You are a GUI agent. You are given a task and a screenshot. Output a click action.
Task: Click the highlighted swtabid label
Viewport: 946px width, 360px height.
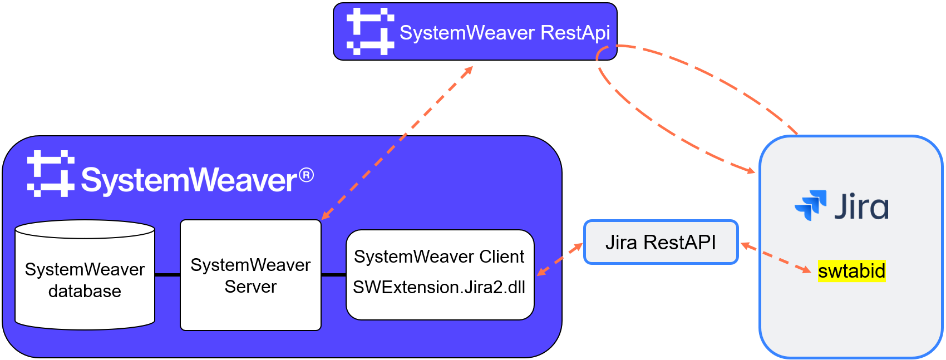(851, 271)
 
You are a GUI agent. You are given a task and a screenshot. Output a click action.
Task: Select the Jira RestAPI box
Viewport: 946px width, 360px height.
(661, 242)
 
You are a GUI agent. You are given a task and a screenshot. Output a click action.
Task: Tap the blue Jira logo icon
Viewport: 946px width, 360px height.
(810, 205)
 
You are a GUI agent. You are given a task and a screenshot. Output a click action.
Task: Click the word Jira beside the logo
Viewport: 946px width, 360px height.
(861, 206)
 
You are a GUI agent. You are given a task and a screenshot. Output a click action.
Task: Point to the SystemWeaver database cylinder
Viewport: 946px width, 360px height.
(85, 275)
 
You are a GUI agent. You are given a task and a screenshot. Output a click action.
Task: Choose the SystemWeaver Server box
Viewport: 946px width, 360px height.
(250, 275)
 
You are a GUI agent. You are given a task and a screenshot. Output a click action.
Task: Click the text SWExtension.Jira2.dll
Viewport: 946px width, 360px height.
(439, 288)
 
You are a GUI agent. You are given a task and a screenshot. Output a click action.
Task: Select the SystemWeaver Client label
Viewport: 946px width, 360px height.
(439, 257)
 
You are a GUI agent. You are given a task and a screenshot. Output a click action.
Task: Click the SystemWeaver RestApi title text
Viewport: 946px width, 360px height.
(505, 33)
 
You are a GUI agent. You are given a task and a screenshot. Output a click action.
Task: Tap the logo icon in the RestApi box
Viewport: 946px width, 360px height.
(371, 31)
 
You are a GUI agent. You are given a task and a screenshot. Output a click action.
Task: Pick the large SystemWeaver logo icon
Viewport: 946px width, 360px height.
(51, 174)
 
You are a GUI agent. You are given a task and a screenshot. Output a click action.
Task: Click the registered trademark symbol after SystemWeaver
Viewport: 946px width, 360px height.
(306, 175)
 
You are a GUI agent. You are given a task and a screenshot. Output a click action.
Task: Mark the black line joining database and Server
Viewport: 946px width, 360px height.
(167, 275)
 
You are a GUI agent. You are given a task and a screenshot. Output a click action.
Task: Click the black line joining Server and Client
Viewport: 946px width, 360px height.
(334, 275)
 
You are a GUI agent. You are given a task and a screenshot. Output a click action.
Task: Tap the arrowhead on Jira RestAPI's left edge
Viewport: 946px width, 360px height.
(577, 247)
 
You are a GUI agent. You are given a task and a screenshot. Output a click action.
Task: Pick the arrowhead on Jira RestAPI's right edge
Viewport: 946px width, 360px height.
(747, 246)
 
